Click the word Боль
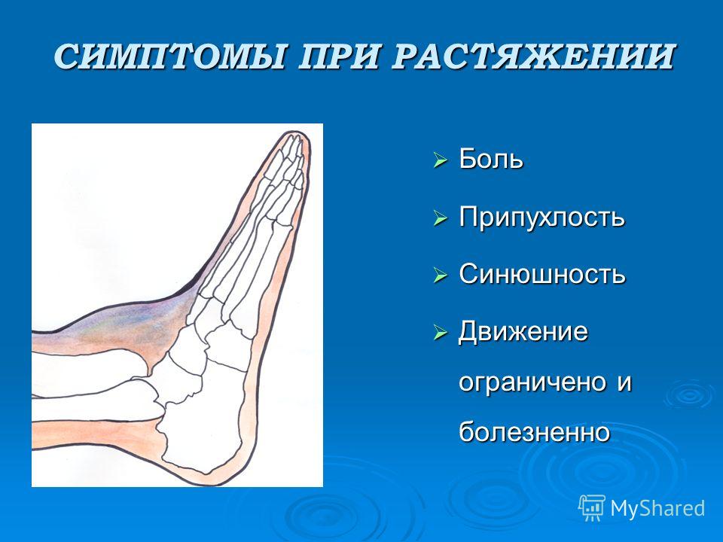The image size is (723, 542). click(491, 159)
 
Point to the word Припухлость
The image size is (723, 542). click(541, 217)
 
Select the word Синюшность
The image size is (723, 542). click(542, 274)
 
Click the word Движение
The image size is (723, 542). click(523, 331)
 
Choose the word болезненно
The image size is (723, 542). click(535, 431)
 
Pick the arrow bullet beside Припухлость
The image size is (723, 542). click(441, 218)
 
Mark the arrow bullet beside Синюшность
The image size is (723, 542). click(441, 276)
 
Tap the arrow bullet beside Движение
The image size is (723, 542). click(441, 333)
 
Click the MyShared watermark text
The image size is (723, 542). click(657, 508)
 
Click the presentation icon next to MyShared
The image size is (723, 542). click(592, 508)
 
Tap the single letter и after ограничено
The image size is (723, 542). click(624, 383)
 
